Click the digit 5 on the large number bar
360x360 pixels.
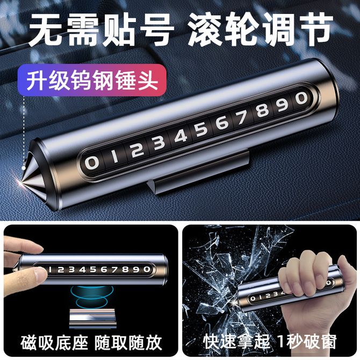pos(201,131)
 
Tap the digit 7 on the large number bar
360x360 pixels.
pos(241,117)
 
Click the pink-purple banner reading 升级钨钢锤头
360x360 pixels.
pos(92,81)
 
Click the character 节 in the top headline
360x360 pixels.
pos(315,30)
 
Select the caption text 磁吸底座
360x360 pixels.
pos(54,343)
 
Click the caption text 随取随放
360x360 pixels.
pos(128,343)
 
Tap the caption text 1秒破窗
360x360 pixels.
pos(307,342)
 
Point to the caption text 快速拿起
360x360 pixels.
pos(236,342)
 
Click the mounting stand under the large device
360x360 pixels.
pos(197,172)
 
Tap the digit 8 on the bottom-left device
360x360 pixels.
pos(126,269)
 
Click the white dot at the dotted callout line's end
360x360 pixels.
pos(24,168)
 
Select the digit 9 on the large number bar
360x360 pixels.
pos(283,105)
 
